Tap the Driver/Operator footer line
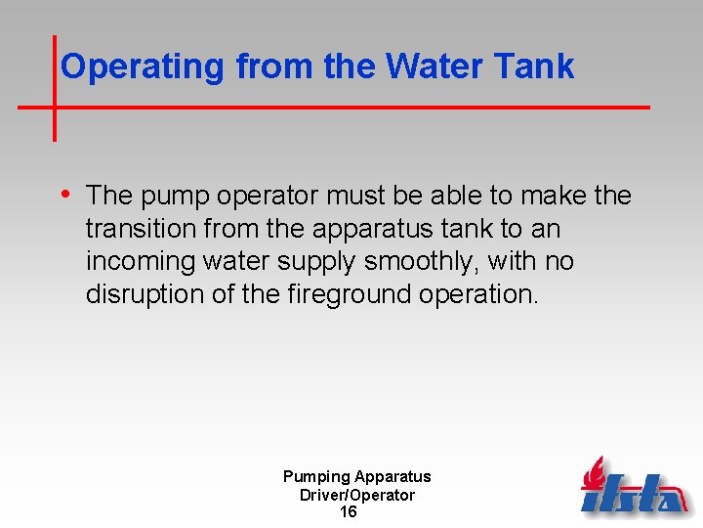[356, 495]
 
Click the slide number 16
[348, 512]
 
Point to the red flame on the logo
[595, 474]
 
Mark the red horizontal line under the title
[391, 106]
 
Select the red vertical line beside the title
[54, 88]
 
